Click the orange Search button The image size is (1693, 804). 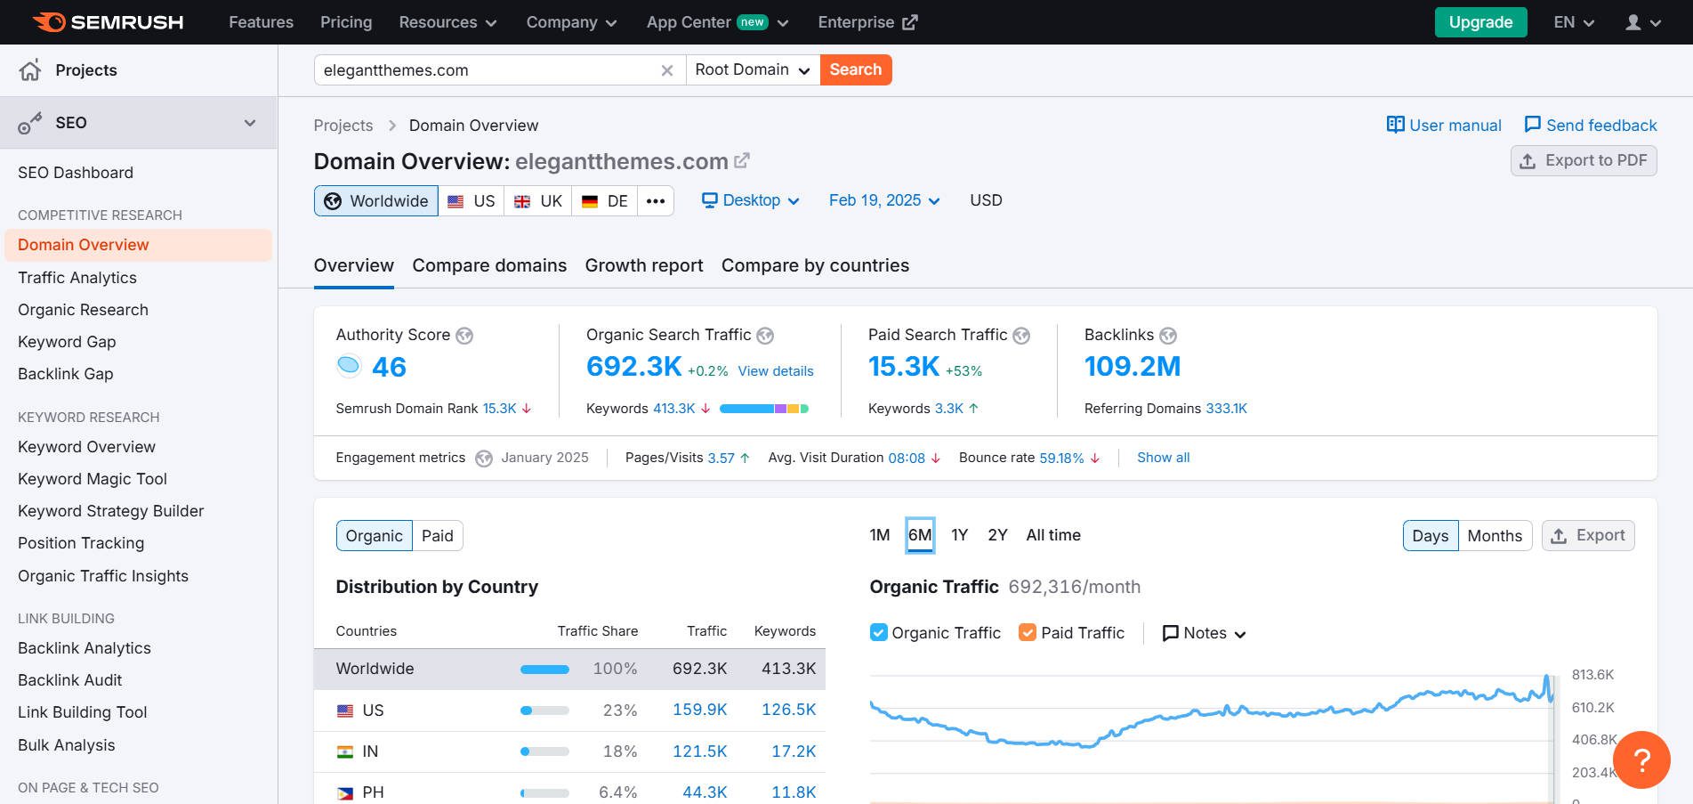pos(855,69)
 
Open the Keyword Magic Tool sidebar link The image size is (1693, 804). pos(93,479)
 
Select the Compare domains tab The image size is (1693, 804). pos(489,265)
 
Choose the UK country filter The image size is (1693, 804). pos(538,201)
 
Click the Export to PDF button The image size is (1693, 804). pos(1584,160)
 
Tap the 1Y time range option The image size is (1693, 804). pos(959,535)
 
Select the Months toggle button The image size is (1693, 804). pos(1495,536)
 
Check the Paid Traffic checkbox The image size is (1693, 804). pos(1028,633)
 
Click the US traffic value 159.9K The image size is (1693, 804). pos(699,710)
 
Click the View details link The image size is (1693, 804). pos(776,371)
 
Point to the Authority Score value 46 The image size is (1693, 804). pos(389,367)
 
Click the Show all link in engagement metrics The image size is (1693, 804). pos(1163,458)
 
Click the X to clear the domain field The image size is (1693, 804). pos(667,70)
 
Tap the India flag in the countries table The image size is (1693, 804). pos(345,751)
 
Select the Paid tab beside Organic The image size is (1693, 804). pos(437,536)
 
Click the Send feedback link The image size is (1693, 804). pos(1591,126)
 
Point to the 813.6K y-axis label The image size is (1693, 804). pos(1592,675)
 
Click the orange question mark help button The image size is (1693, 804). pos(1641,759)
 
